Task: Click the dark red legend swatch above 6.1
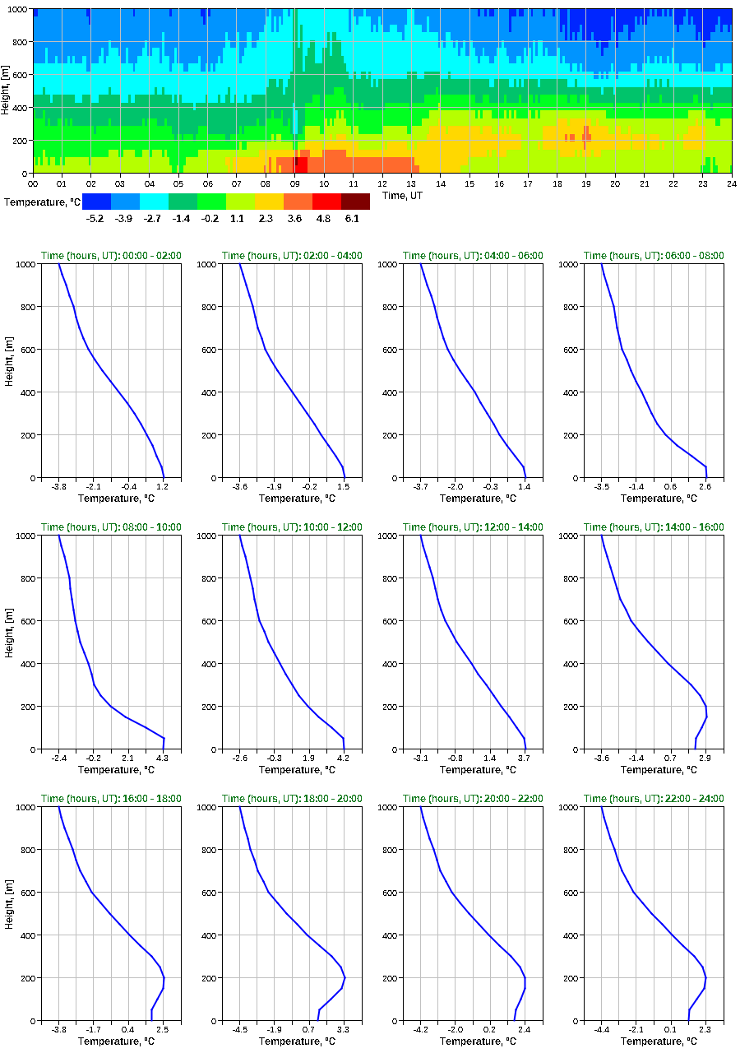(x=355, y=202)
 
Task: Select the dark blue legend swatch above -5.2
(x=96, y=202)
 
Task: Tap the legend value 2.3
(x=269, y=218)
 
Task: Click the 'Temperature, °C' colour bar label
(x=41, y=202)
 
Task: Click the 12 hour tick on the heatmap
(x=382, y=183)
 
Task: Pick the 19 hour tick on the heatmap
(x=586, y=183)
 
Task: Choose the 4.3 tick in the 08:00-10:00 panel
(x=163, y=758)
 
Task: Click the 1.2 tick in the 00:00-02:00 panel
(x=163, y=486)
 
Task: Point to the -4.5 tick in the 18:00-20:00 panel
(x=240, y=1029)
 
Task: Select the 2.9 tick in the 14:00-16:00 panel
(x=705, y=758)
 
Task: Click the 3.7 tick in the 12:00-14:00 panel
(x=525, y=758)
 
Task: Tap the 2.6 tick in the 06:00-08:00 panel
(x=705, y=486)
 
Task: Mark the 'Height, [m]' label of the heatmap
(x=6, y=91)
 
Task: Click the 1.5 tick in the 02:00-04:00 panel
(x=344, y=486)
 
